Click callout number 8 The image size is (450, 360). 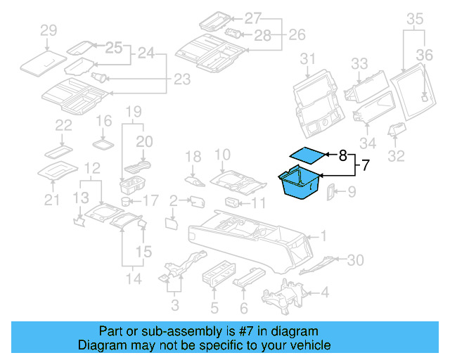coord(342,155)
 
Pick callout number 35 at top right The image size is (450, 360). coord(416,18)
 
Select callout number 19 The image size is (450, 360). coord(134,111)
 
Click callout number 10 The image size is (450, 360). coord(222,155)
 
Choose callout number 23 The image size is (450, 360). coord(181,80)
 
